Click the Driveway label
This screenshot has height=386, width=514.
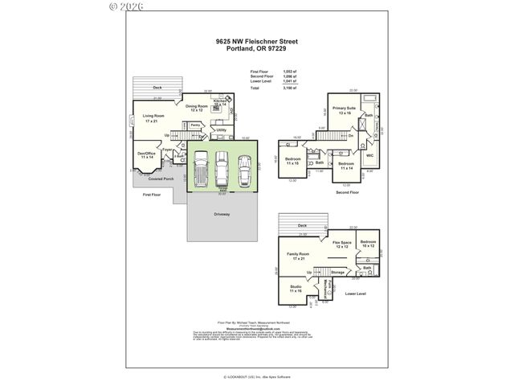pyautogui.click(x=222, y=214)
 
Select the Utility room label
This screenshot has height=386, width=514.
pyautogui.click(x=222, y=129)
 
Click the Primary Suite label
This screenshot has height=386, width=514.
pyautogui.click(x=345, y=110)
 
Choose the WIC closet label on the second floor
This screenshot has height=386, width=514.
pyautogui.click(x=370, y=155)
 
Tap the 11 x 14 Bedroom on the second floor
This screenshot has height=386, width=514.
pyautogui.click(x=345, y=166)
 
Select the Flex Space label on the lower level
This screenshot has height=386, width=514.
pyautogui.click(x=342, y=244)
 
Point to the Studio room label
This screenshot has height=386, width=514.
pyautogui.click(x=296, y=288)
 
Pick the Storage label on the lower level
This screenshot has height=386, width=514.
pyautogui.click(x=337, y=273)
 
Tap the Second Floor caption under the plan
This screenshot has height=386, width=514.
pyautogui.click(x=348, y=193)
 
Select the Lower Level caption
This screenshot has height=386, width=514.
pyautogui.click(x=355, y=294)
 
